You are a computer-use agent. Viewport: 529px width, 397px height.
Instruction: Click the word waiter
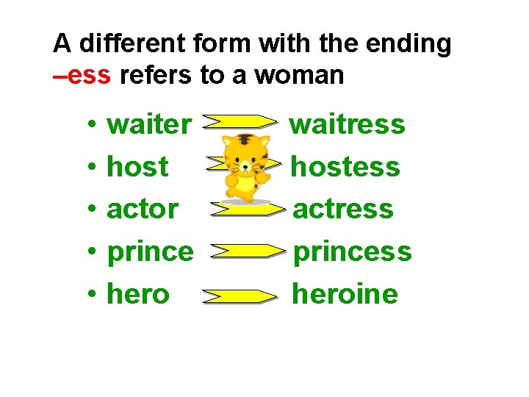click(x=148, y=124)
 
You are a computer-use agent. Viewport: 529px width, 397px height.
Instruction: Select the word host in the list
click(x=137, y=167)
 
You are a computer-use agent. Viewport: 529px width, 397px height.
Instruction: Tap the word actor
click(x=143, y=209)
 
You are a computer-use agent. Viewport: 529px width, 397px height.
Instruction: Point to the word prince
click(x=150, y=252)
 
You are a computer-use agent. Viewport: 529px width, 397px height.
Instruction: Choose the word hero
click(x=138, y=294)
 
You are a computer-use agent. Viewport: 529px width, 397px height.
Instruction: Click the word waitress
click(x=347, y=124)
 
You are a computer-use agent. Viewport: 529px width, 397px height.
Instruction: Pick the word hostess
click(x=345, y=167)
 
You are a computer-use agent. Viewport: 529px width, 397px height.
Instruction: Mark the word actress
click(x=343, y=209)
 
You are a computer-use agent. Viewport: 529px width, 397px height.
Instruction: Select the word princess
click(x=353, y=252)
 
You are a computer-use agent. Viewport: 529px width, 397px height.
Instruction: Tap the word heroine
click(x=345, y=294)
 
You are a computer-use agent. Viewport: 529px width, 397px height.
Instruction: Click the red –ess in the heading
click(x=82, y=75)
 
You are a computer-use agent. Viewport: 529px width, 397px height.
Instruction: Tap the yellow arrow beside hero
click(x=240, y=296)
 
